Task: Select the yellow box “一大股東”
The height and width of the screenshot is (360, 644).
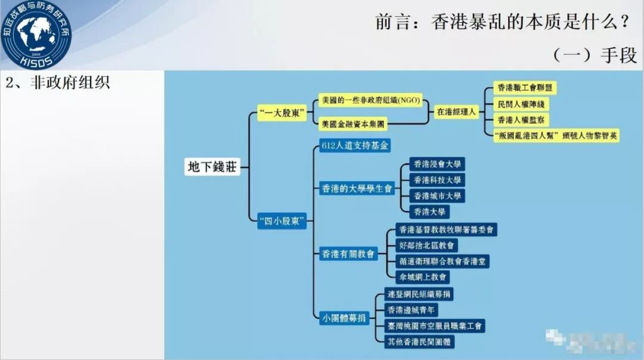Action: click(282, 112)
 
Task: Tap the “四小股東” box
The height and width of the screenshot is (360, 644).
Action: click(282, 222)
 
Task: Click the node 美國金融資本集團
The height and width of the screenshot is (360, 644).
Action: click(352, 125)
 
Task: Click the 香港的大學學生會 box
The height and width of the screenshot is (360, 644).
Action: click(356, 189)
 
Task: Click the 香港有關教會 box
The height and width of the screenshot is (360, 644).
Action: click(348, 253)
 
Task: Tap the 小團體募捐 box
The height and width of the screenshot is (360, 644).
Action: click(344, 317)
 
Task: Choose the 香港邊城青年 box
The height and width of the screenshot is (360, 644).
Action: click(412, 310)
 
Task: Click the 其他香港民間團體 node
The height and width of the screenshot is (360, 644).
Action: click(420, 342)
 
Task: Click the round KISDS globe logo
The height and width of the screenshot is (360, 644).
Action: click(36, 34)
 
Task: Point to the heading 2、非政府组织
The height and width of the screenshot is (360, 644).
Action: click(58, 82)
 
